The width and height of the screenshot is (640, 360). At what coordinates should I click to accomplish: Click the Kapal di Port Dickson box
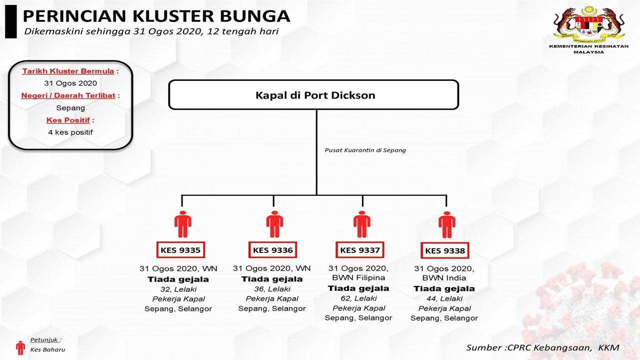(313, 94)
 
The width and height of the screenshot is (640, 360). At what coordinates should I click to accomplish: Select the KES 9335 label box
(180, 250)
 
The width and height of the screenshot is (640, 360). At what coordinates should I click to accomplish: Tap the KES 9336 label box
(272, 250)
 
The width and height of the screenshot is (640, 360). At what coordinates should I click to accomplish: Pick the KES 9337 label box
(360, 250)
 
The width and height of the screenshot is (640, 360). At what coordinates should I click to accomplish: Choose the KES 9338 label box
(445, 250)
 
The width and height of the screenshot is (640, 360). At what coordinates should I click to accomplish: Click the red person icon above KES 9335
(182, 224)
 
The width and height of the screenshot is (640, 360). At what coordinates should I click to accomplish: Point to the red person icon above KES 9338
(446, 225)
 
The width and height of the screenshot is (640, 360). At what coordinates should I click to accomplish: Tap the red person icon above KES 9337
(361, 224)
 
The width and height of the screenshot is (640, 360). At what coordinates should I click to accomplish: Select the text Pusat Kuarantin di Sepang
(365, 150)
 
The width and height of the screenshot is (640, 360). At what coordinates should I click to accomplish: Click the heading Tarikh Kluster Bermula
(68, 71)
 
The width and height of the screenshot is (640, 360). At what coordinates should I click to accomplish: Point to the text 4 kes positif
(70, 132)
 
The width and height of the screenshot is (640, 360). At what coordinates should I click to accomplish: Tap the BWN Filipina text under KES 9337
(358, 278)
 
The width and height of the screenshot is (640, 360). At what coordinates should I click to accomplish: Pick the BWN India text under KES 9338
(444, 278)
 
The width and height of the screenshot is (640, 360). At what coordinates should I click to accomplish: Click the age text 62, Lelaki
(358, 298)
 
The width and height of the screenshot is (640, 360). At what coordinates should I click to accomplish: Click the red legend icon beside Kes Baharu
(20, 347)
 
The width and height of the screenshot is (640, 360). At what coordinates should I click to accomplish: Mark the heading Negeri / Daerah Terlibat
(68, 95)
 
